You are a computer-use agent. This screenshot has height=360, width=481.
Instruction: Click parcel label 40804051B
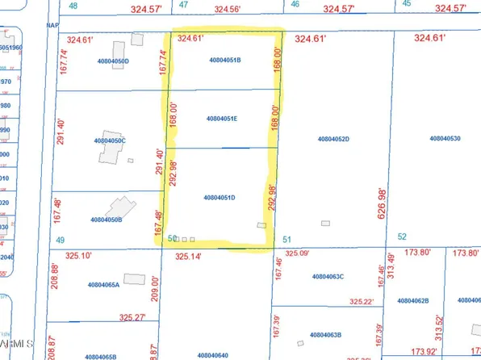[225, 60]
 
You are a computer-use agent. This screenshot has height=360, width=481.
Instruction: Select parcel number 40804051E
[221, 119]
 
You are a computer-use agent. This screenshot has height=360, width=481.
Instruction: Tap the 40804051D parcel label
[220, 197]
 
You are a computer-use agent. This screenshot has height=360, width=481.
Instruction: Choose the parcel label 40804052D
[333, 139]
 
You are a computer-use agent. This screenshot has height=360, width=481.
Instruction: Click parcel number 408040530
[444, 139]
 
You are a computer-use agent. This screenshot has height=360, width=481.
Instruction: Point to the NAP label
[52, 25]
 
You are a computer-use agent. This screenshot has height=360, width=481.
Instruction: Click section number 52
[402, 236]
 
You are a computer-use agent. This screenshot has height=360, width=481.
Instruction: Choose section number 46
[295, 4]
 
